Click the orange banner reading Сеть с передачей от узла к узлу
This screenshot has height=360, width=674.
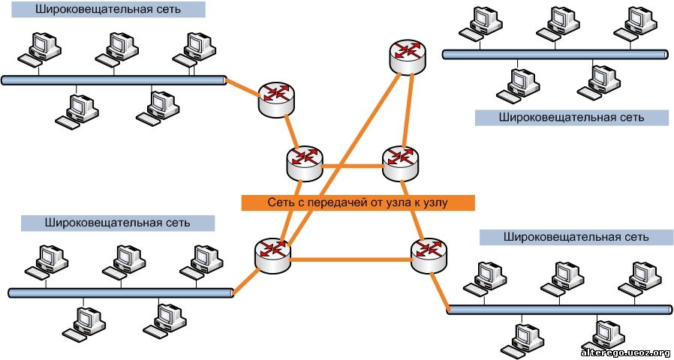(358, 202)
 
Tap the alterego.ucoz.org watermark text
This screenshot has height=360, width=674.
(625, 353)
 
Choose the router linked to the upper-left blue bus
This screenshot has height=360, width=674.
(276, 99)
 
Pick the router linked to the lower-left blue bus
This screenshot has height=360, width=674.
(272, 254)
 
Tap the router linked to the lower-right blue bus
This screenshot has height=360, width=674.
(429, 255)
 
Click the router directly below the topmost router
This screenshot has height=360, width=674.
(400, 163)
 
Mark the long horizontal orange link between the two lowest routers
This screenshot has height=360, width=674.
(351, 259)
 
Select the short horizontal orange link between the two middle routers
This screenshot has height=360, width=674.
(352, 166)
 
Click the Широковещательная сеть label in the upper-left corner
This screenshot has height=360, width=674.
(108, 10)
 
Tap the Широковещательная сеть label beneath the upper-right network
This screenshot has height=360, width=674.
(571, 118)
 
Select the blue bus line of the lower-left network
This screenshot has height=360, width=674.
(121, 293)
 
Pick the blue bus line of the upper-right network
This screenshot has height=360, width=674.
(556, 55)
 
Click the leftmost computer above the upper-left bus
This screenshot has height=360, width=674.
(40, 49)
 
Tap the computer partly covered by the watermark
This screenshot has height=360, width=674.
(602, 336)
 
